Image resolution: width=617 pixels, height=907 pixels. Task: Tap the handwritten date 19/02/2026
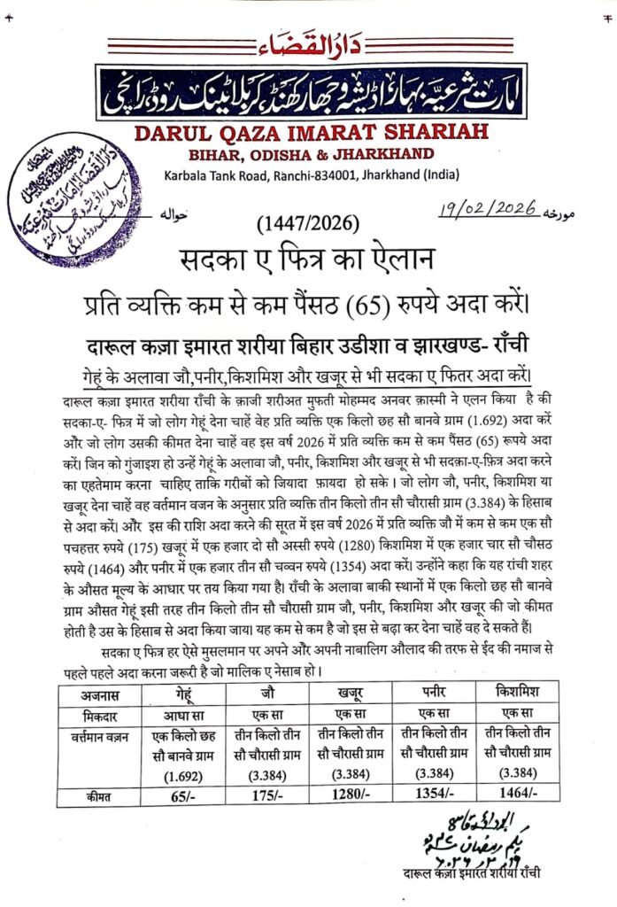coord(490,209)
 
